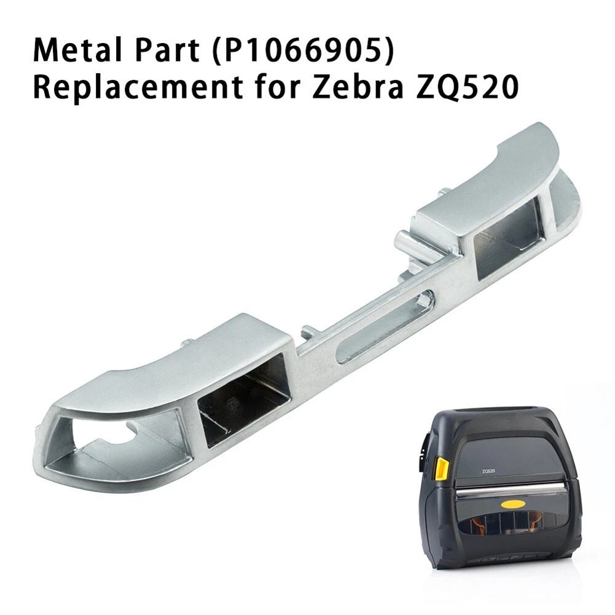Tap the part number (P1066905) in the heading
click(x=302, y=52)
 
